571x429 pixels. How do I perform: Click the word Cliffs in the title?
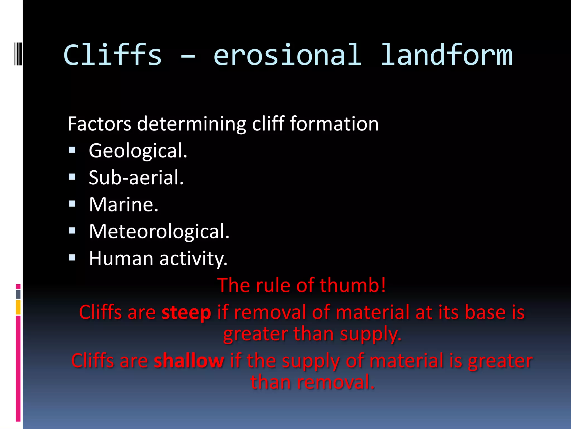[x=112, y=55]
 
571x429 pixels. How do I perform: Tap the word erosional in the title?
[x=287, y=55]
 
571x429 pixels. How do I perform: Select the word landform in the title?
[x=446, y=55]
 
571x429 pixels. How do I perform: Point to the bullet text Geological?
[x=138, y=151]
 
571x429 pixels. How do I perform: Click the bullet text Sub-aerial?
[x=136, y=178]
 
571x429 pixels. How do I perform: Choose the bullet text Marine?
[x=124, y=205]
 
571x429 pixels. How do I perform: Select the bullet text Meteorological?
[x=159, y=232]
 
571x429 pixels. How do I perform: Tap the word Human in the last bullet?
[x=121, y=258]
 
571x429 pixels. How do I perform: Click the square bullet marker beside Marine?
[x=72, y=204]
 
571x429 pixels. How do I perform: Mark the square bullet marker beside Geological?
[x=72, y=150]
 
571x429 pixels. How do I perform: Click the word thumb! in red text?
[x=353, y=285]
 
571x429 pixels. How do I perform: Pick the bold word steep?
[x=186, y=312]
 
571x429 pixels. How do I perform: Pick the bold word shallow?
[x=189, y=361]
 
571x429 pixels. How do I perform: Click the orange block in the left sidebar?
[x=18, y=307]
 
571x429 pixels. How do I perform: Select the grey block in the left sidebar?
[x=18, y=294]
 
